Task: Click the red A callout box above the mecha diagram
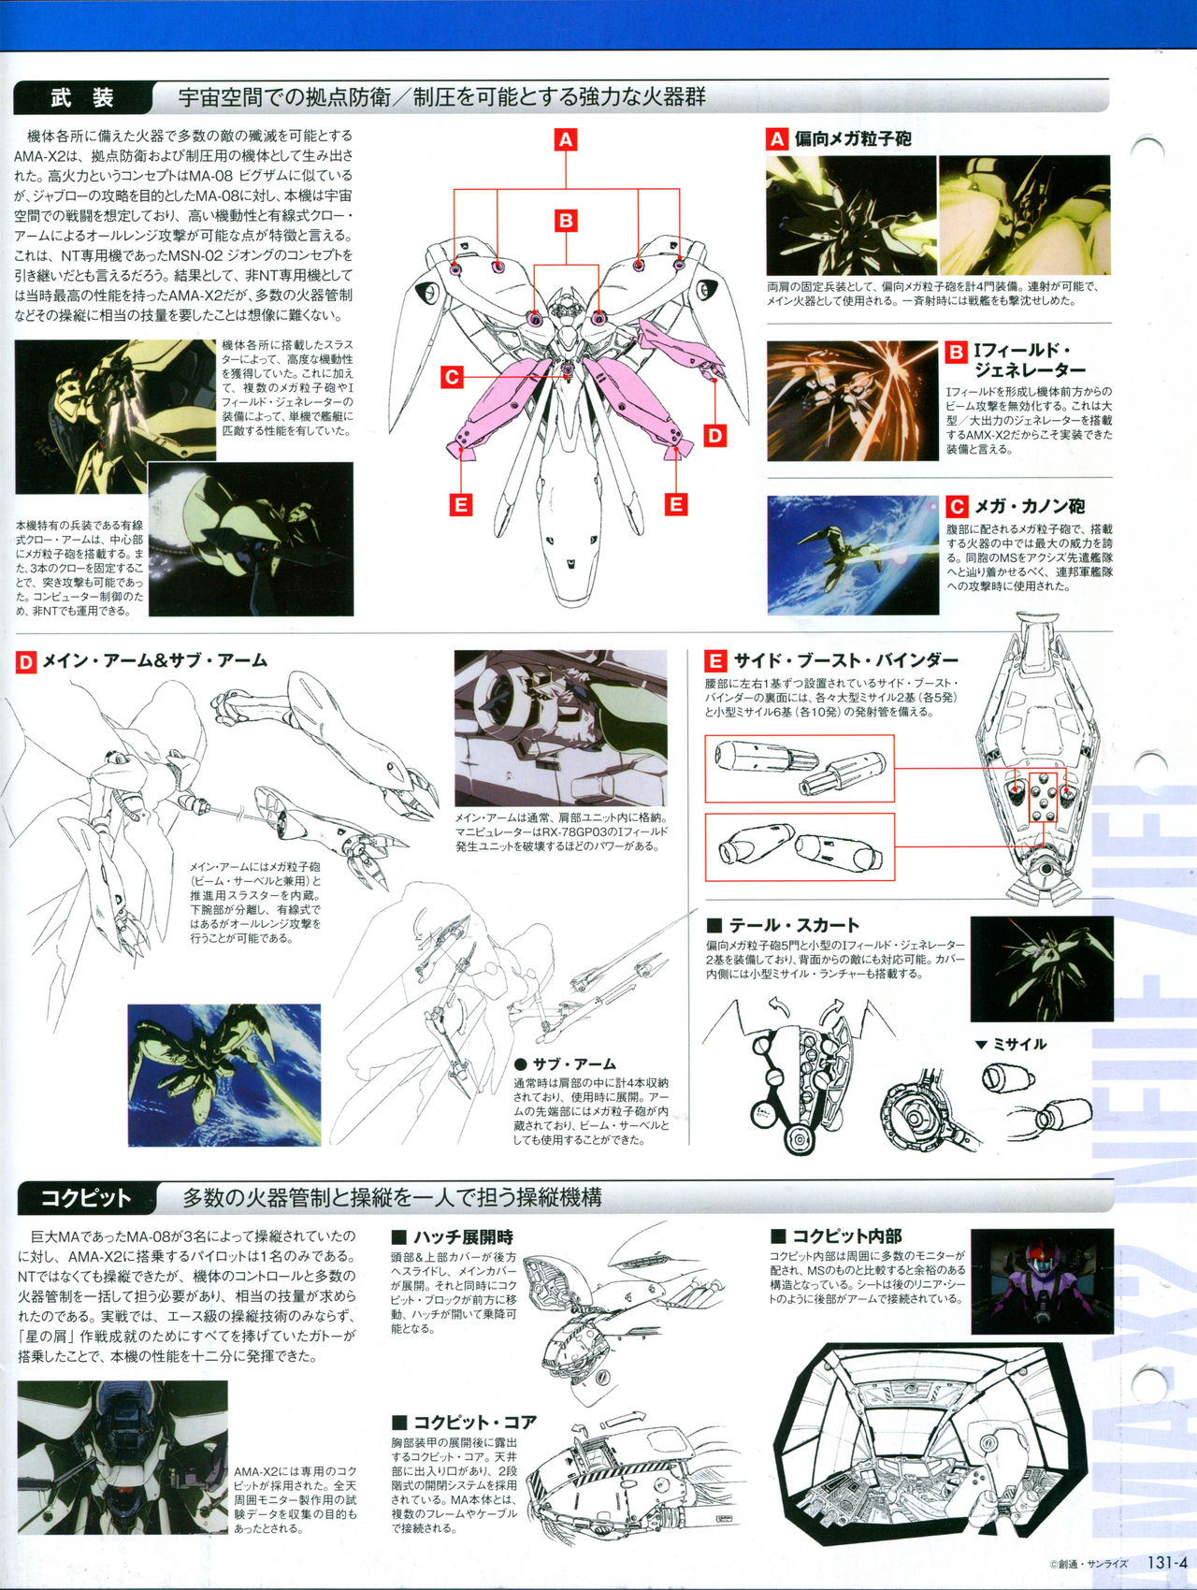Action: (565, 140)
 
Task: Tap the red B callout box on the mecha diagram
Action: (565, 221)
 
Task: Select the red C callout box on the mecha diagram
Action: (453, 377)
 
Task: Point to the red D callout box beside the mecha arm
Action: (714, 435)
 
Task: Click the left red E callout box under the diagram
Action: (460, 505)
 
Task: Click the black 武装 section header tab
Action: (84, 97)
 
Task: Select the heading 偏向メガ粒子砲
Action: (853, 139)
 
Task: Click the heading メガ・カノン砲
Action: (1030, 506)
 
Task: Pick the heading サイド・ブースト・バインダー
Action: (845, 660)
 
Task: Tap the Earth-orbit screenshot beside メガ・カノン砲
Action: (853, 555)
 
